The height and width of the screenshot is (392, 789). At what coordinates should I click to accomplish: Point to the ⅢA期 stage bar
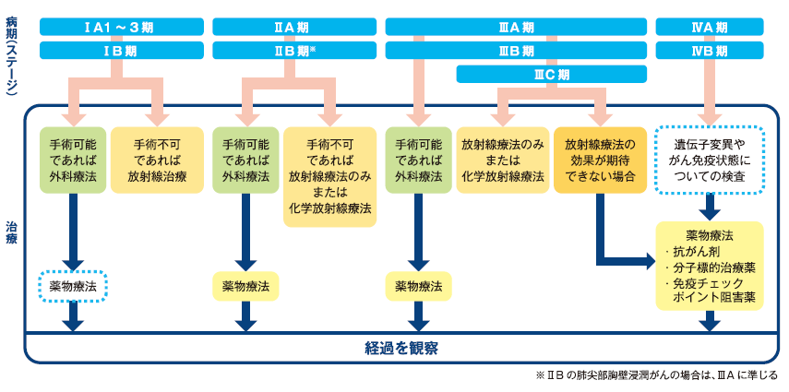(514, 27)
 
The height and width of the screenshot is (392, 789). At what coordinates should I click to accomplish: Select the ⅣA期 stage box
(709, 27)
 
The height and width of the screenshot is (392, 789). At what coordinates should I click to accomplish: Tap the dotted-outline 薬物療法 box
(73, 286)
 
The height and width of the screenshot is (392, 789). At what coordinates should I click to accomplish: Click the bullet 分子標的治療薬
(711, 267)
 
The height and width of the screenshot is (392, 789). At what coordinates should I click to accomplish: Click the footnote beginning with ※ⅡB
(656, 376)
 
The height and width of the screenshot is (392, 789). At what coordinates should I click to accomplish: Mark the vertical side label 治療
(11, 231)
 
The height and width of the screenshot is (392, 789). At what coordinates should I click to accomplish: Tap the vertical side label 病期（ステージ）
(11, 55)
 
